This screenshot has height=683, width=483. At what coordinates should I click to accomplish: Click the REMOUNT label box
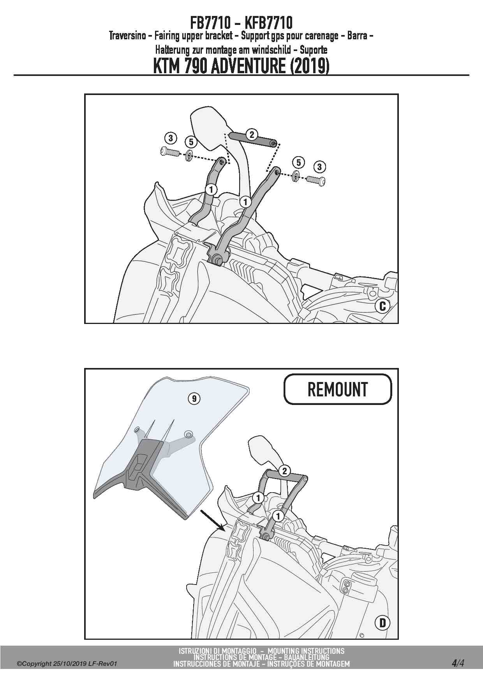click(x=338, y=389)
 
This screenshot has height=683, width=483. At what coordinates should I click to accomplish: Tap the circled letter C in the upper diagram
click(x=383, y=306)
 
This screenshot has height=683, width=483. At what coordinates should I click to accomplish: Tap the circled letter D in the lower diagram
click(x=383, y=623)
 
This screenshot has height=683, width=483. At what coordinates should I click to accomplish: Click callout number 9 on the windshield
click(x=194, y=398)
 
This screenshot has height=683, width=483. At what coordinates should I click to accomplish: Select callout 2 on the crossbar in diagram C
click(x=252, y=135)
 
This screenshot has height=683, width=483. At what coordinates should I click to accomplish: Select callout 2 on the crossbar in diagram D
click(x=284, y=471)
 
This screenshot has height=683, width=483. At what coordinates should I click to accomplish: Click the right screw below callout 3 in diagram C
click(x=316, y=180)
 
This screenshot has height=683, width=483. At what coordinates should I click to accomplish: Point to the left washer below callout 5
click(x=189, y=156)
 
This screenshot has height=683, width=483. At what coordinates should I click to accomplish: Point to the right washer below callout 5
click(x=296, y=176)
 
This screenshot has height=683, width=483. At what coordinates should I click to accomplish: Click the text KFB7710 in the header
click(x=269, y=23)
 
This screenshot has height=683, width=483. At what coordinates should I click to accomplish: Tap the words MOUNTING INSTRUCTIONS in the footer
click(x=306, y=651)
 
